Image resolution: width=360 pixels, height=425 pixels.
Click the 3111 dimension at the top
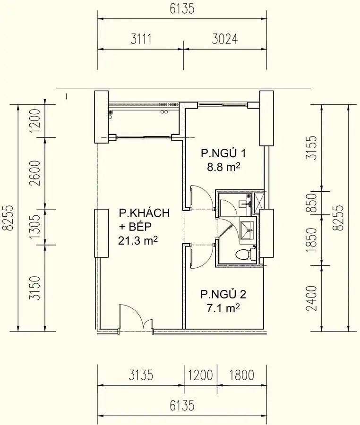pos(141,40)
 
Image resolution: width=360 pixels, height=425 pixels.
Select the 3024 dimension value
pos(223,40)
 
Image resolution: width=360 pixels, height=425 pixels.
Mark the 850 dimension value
pos(312,203)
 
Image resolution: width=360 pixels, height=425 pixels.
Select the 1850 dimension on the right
pos(312,239)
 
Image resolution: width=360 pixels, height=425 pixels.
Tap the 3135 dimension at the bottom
pos(141,375)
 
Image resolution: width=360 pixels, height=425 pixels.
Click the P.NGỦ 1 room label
pos(223,153)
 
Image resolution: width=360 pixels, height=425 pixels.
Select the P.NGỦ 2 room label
pos(223,295)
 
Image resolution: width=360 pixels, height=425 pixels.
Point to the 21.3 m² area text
pos(137,241)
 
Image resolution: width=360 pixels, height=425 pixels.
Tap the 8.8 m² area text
pos(224,167)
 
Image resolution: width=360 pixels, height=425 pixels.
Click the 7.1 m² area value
pos(223,308)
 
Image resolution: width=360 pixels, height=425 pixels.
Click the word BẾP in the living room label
pos(142,227)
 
